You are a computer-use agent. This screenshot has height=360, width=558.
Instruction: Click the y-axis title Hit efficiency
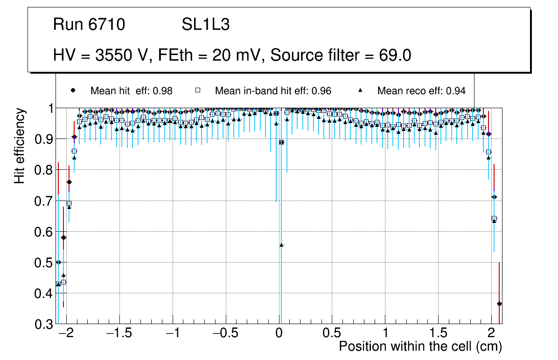point(20,145)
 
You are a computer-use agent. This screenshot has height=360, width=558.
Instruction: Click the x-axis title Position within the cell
point(420,346)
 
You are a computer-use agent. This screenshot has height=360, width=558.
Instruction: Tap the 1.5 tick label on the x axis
point(439,334)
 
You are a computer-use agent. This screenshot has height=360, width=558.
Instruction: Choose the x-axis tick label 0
point(279,334)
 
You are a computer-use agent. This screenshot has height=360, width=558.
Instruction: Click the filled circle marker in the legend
point(72,90)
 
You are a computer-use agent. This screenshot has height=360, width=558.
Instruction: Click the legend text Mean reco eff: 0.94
point(421,91)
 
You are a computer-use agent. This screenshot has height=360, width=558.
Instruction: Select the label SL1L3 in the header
point(205,25)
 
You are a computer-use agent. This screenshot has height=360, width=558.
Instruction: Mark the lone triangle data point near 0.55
point(281,245)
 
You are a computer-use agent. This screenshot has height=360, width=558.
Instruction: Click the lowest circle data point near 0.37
point(499,304)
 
